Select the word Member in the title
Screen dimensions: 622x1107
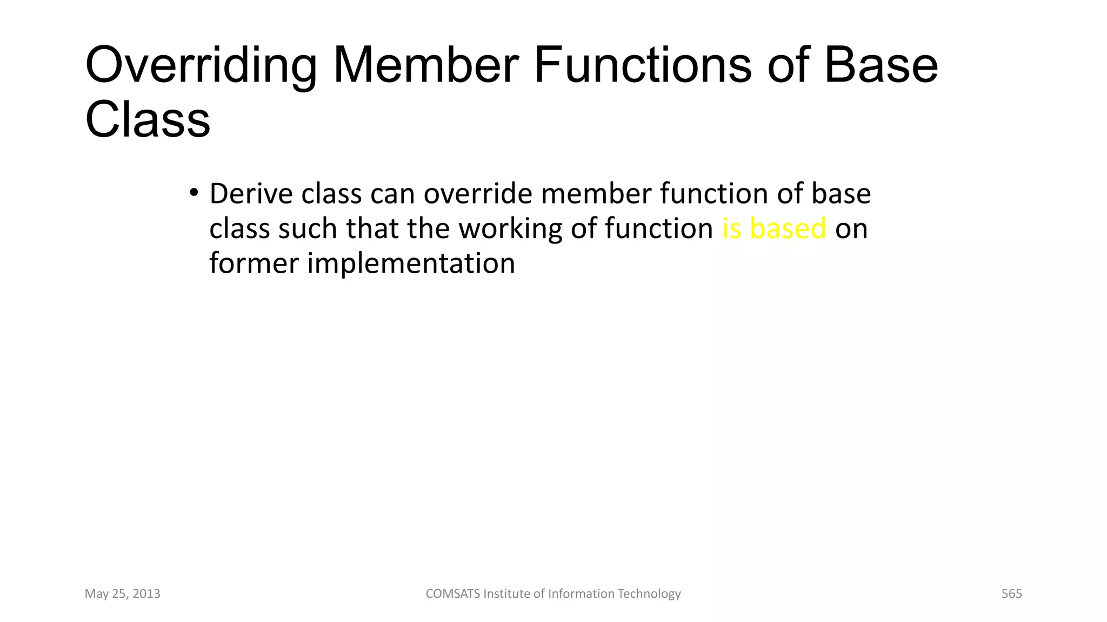pos(426,66)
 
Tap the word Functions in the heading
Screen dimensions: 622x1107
pos(642,66)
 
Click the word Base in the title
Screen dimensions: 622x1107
pos(881,66)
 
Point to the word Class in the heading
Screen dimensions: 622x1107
pos(148,120)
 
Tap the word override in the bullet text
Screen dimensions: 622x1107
pos(478,194)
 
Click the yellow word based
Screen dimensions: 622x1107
pos(788,228)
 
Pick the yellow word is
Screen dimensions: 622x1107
pos(731,228)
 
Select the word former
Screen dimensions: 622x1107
pos(254,263)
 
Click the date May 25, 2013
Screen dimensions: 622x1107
pos(123,594)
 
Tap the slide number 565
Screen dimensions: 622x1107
pos(1011,594)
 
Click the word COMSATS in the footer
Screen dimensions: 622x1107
pos(452,594)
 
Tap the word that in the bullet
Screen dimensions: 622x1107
pos(372,228)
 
